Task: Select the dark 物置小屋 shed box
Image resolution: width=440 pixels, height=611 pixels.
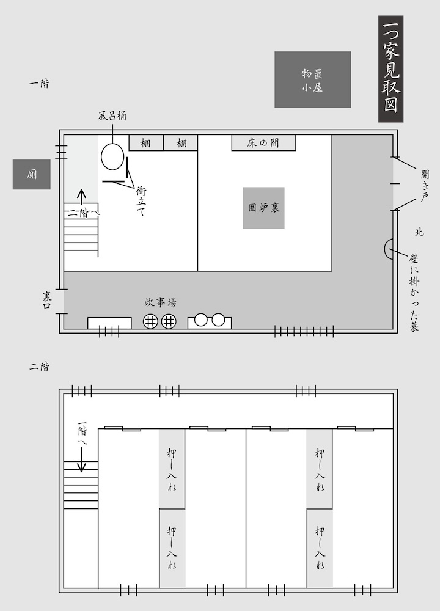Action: pyautogui.click(x=312, y=79)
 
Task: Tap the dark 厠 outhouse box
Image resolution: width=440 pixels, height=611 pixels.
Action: pyautogui.click(x=32, y=175)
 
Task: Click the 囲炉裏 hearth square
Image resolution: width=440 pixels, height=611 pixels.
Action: pyautogui.click(x=263, y=208)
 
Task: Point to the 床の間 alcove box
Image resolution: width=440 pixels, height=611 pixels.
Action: pyautogui.click(x=263, y=143)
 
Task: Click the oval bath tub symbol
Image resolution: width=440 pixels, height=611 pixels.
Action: pyautogui.click(x=112, y=156)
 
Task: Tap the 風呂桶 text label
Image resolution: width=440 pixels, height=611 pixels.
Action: pyautogui.click(x=112, y=115)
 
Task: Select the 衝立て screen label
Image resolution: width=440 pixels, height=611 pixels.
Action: pyautogui.click(x=141, y=202)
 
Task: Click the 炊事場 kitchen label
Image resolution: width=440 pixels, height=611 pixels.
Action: pyautogui.click(x=161, y=302)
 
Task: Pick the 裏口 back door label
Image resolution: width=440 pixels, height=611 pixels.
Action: pyautogui.click(x=48, y=301)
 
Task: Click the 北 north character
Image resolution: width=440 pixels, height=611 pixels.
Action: pyautogui.click(x=419, y=232)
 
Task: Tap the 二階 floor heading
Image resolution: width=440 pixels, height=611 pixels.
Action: pyautogui.click(x=39, y=367)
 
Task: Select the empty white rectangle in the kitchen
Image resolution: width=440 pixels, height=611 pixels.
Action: pyautogui.click(x=109, y=323)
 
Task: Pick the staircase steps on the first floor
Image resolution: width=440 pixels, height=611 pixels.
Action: pyautogui.click(x=81, y=235)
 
